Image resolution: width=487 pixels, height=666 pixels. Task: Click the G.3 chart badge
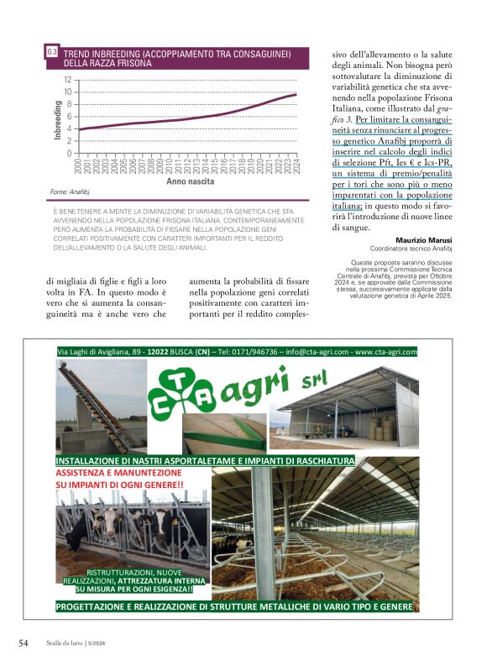tap(52, 52)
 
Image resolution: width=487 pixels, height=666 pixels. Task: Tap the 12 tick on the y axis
tap(68, 79)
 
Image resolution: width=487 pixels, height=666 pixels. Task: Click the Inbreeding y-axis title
tap(58, 119)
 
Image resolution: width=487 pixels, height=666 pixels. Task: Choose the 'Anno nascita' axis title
tap(190, 181)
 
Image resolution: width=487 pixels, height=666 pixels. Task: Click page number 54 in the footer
tap(24, 643)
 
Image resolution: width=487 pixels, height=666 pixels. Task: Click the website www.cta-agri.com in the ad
tap(386, 352)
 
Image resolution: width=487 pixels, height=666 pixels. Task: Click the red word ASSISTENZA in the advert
tap(83, 474)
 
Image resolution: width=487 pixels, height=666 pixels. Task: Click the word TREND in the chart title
tap(78, 52)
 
